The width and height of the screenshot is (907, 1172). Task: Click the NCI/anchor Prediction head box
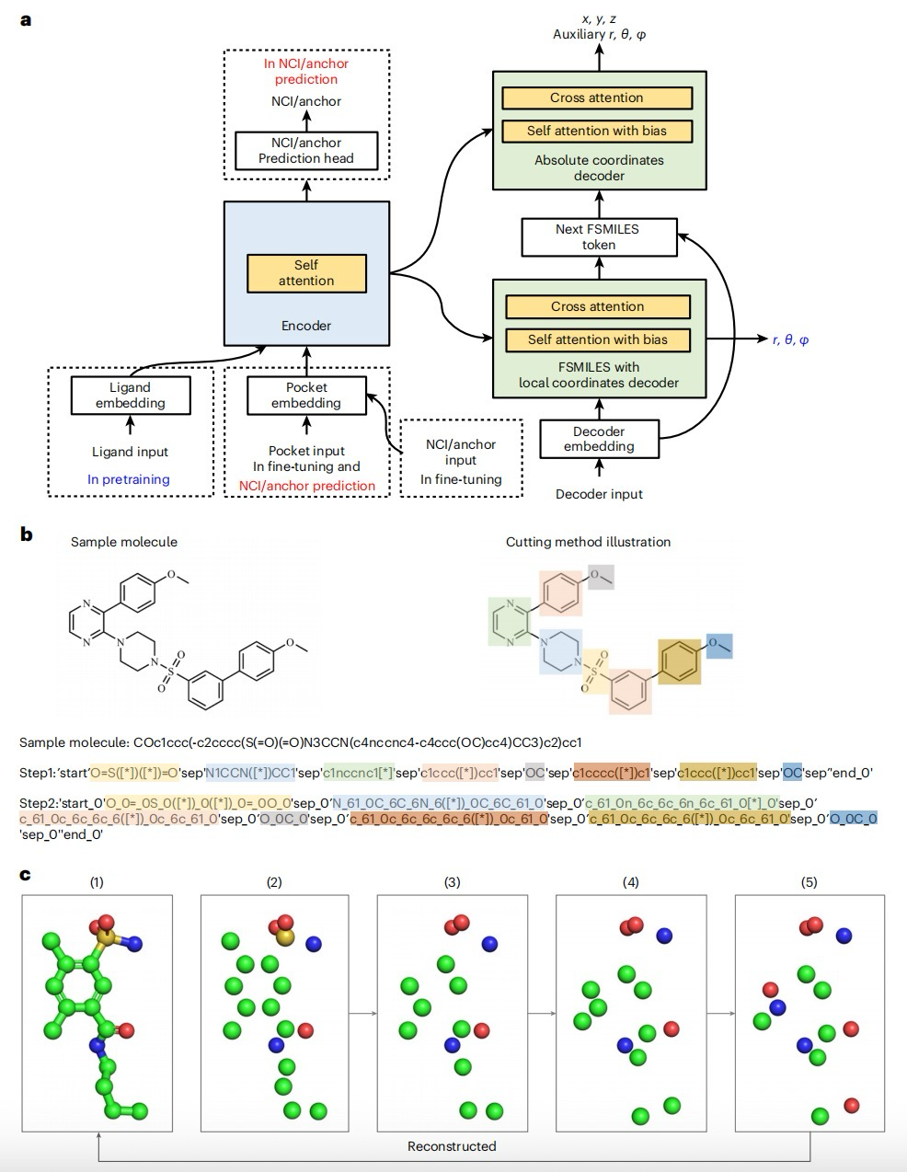306,150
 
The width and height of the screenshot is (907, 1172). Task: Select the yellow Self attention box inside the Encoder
306,273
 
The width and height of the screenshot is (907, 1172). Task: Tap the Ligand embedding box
131,396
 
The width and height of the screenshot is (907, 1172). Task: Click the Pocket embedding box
306,396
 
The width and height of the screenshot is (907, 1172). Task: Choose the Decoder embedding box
599,439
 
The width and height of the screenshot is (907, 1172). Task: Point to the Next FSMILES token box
598,236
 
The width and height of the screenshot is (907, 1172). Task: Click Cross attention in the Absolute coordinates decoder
597,98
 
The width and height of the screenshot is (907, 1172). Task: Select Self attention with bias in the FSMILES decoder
597,339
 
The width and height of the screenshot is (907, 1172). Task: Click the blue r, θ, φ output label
790,339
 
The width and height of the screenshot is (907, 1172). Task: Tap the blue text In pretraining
129,479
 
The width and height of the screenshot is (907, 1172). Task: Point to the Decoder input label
599,494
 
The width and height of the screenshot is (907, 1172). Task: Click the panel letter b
26,534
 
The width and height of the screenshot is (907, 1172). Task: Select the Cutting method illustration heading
588,542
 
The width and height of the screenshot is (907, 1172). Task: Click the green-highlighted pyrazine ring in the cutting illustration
509,618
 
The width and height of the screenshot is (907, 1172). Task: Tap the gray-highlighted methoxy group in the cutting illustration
601,577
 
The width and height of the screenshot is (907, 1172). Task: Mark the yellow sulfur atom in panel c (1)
108,938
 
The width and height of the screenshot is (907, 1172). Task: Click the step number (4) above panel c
630,882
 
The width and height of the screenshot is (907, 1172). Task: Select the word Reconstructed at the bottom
452,1146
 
